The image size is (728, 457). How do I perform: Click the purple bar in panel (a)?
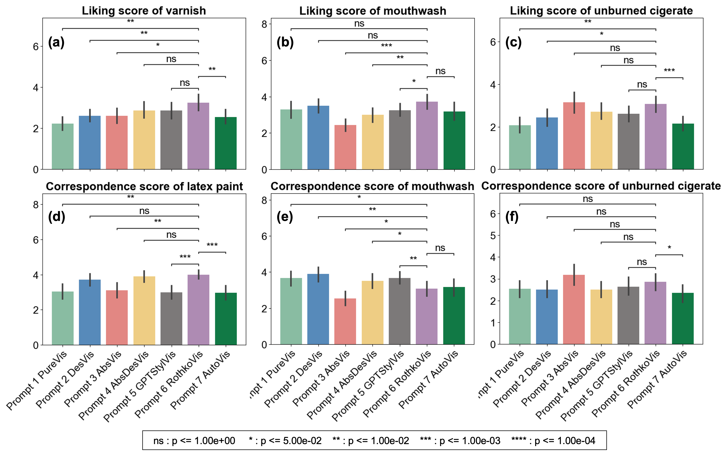pos(198,136)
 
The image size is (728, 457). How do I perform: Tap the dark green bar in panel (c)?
pos(683,146)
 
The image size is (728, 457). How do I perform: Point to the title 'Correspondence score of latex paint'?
pos(144,186)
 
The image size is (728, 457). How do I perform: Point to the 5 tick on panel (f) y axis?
pos(493,235)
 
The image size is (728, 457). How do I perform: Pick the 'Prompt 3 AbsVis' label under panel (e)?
pos(321,380)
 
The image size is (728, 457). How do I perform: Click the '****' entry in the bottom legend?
pos(553,441)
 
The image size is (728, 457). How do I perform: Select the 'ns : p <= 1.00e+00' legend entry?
pos(194,441)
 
